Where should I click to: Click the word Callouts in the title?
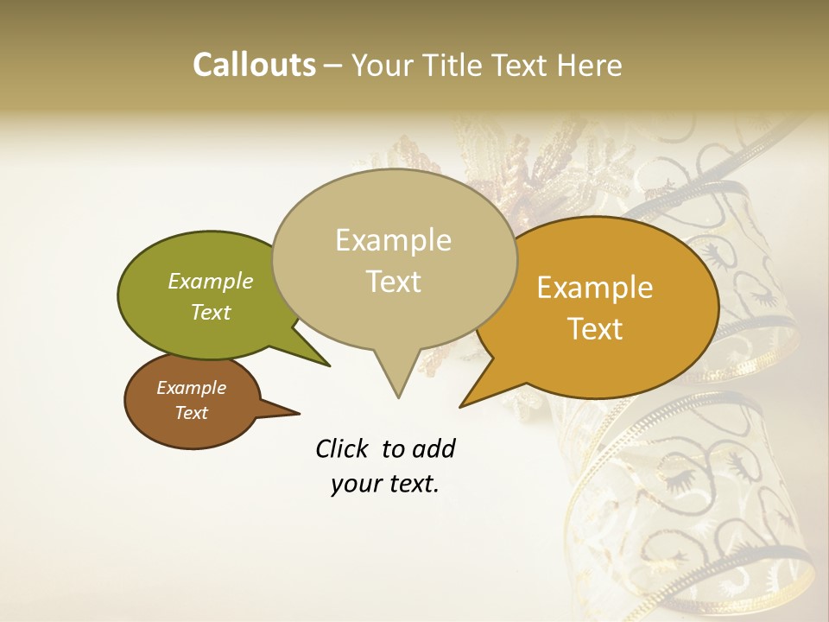click(x=254, y=65)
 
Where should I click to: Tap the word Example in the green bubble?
click(x=211, y=281)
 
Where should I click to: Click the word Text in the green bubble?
click(x=211, y=312)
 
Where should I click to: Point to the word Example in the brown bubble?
click(x=191, y=388)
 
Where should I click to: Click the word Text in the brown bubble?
click(x=191, y=413)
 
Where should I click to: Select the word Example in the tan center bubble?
click(x=393, y=240)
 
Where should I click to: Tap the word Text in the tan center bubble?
click(x=393, y=282)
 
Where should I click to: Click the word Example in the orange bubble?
click(x=595, y=288)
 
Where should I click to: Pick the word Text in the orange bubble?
click(x=595, y=329)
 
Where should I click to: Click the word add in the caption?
click(x=433, y=448)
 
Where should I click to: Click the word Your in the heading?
click(x=384, y=65)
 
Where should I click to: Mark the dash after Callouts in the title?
click(x=332, y=66)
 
